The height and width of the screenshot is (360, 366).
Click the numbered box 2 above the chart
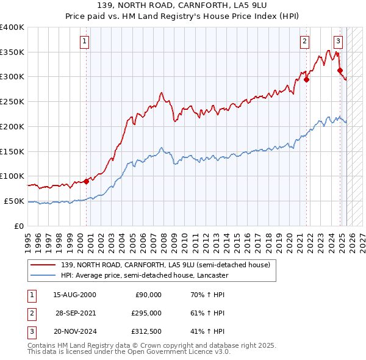tap(304, 41)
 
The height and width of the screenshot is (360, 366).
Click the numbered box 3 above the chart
tap(338, 41)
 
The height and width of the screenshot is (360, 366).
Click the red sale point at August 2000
tap(87, 181)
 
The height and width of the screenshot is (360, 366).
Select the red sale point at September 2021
tap(307, 79)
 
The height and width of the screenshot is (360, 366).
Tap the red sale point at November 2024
tap(340, 70)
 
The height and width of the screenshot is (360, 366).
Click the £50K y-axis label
tap(15, 201)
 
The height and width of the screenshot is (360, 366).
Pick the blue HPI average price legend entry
tap(144, 275)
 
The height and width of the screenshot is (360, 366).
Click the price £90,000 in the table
tap(148, 295)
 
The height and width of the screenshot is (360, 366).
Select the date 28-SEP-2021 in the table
tap(76, 313)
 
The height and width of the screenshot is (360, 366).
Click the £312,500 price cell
tap(146, 331)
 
